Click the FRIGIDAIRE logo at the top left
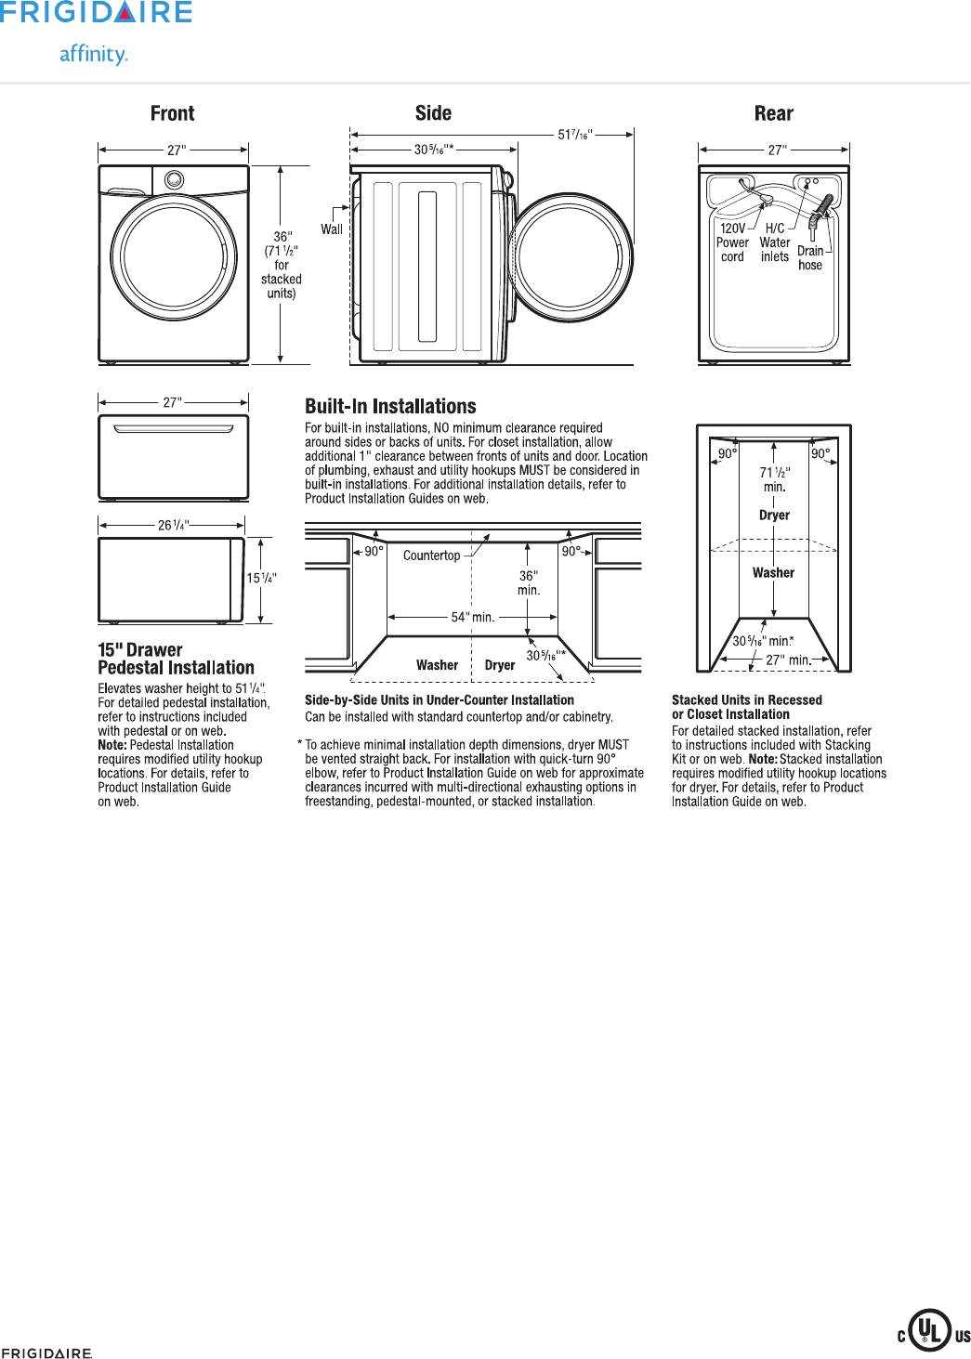pos(97,13)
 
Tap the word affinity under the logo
pos(93,54)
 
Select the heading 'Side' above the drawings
pos(433,113)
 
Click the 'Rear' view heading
pos(773,113)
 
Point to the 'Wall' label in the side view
pos(332,229)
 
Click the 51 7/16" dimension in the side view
pos(574,135)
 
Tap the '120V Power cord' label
pos(732,242)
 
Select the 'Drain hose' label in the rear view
pos(810,258)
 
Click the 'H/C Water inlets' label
pos(775,242)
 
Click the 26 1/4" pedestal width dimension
pos(173,525)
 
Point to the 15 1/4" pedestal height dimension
pos(261,578)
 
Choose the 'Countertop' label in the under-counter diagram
pos(431,555)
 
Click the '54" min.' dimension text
pos(472,617)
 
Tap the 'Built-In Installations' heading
pos(390,406)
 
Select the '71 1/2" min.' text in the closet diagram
pos(774,479)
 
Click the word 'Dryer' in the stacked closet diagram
pos(774,515)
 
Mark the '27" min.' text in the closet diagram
pos(788,660)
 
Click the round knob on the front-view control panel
pos(175,179)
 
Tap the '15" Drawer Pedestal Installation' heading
pos(176,659)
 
